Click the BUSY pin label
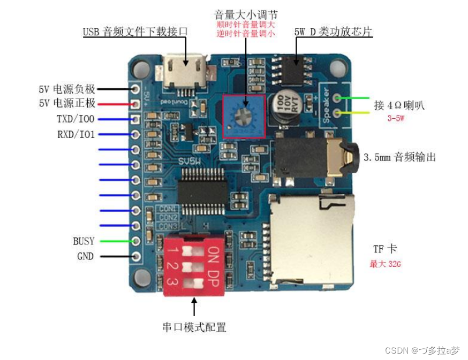pos(84,241)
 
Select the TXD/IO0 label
pos(76,119)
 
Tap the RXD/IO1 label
pos(76,134)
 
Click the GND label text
pos(85,256)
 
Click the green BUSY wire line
pos(115,241)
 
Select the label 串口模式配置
pos(194,327)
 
